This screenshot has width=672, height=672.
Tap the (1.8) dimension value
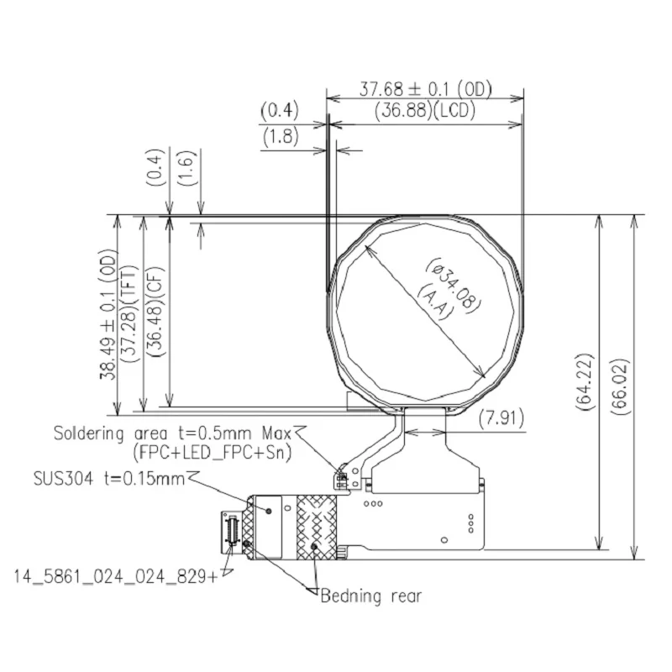(280, 136)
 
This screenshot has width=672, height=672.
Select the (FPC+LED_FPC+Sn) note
(211, 452)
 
